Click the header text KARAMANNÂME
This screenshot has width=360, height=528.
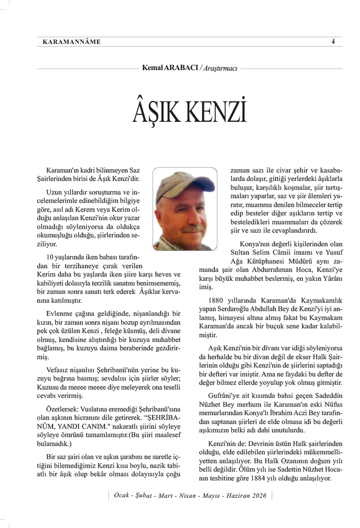point(70,41)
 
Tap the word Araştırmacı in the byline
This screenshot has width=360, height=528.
point(220,68)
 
